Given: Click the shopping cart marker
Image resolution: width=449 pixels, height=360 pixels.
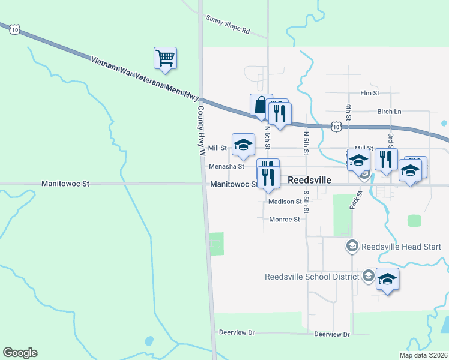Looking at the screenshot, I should (x=165, y=58).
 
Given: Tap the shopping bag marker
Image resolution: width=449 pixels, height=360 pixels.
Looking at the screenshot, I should (x=261, y=105).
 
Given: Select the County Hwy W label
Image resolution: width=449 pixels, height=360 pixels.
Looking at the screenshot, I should (x=202, y=131).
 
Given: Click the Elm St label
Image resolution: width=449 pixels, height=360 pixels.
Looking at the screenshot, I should (x=370, y=93).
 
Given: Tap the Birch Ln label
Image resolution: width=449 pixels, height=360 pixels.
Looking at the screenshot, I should (x=390, y=112).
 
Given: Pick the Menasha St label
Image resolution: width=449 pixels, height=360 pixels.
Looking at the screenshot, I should (x=226, y=166).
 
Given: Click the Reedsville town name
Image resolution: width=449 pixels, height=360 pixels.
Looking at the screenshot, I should (x=310, y=179).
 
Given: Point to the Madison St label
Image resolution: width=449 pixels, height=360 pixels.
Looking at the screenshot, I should (x=285, y=202).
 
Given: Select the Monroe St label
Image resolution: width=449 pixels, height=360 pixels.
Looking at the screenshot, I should (x=285, y=220).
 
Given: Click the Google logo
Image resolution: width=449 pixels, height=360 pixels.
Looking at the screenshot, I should (x=20, y=353).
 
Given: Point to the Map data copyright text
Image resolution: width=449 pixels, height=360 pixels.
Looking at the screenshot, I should (x=423, y=355).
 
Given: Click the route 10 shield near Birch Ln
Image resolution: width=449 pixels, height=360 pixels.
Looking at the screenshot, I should (x=337, y=127).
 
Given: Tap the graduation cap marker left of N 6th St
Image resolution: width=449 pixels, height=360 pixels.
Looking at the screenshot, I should (x=243, y=144).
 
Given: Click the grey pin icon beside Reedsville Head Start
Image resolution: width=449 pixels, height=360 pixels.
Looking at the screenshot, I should (x=352, y=246).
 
